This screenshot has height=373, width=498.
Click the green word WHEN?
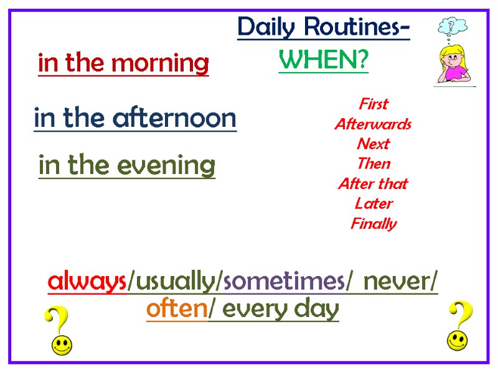323,61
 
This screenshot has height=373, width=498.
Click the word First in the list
374,104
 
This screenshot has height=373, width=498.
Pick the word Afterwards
374,124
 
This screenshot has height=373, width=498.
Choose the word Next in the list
374,144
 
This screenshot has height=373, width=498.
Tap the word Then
374,163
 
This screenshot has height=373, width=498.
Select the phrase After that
374,183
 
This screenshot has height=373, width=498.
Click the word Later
374,203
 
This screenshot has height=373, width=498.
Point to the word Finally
374,223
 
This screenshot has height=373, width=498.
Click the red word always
87,282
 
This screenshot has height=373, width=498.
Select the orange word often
176,309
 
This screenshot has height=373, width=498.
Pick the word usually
174,283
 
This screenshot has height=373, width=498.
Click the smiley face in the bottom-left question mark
61,345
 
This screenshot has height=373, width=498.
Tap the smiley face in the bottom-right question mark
458,339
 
